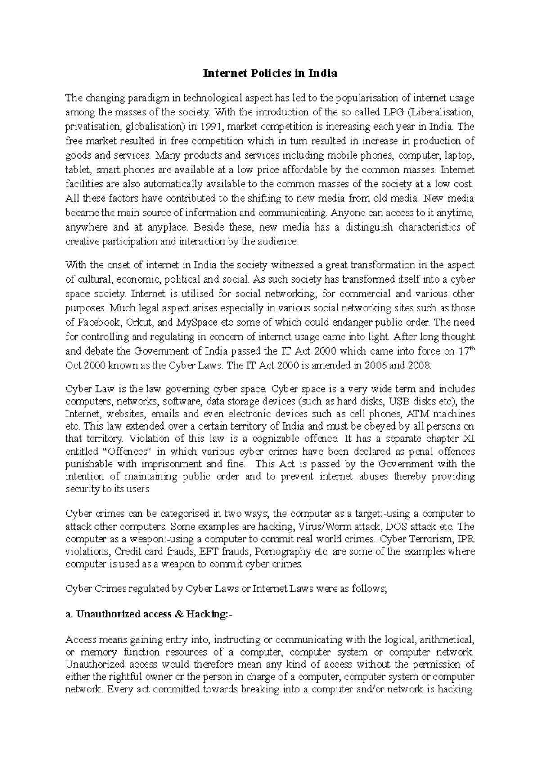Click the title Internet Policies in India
(270, 73)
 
